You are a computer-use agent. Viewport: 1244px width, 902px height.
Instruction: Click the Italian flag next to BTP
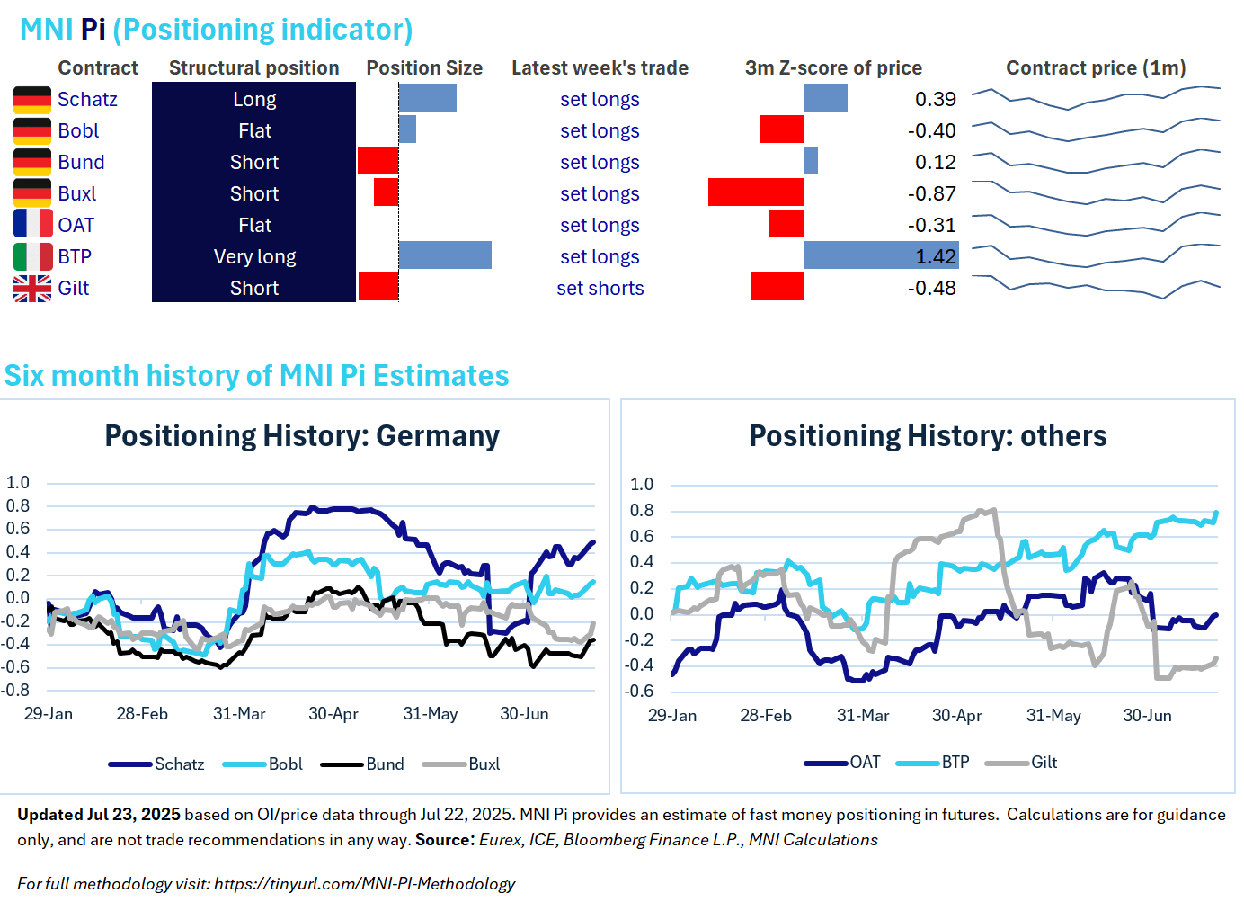[x=32, y=256]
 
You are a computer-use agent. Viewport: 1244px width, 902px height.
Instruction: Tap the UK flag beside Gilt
[x=32, y=288]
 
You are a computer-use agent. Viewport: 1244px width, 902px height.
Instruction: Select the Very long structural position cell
[x=254, y=256]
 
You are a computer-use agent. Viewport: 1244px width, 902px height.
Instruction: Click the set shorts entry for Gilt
[x=600, y=288]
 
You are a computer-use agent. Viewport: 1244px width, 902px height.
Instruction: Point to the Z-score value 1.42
[x=935, y=256]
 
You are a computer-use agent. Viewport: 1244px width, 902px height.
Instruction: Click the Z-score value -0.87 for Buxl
[x=931, y=193]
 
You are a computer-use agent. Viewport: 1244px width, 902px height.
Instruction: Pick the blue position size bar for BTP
[x=445, y=255]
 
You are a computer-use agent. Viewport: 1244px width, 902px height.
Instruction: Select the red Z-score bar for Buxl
[x=755, y=192]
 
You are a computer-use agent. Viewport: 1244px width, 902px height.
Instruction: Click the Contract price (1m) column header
[x=1095, y=68]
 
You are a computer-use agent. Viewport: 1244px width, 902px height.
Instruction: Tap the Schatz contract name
[x=87, y=99]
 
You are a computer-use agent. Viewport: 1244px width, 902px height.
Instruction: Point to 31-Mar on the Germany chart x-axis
[x=239, y=714]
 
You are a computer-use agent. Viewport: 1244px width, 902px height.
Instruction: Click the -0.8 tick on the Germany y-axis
[x=17, y=690]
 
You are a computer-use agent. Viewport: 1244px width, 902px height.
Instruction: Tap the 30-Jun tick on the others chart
[x=1147, y=716]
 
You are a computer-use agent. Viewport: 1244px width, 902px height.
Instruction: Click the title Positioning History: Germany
[x=302, y=436]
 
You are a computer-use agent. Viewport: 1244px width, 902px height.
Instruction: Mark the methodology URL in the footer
[x=364, y=884]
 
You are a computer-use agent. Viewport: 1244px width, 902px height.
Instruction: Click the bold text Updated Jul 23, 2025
[x=99, y=815]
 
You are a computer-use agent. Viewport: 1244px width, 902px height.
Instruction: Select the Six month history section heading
[x=256, y=375]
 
